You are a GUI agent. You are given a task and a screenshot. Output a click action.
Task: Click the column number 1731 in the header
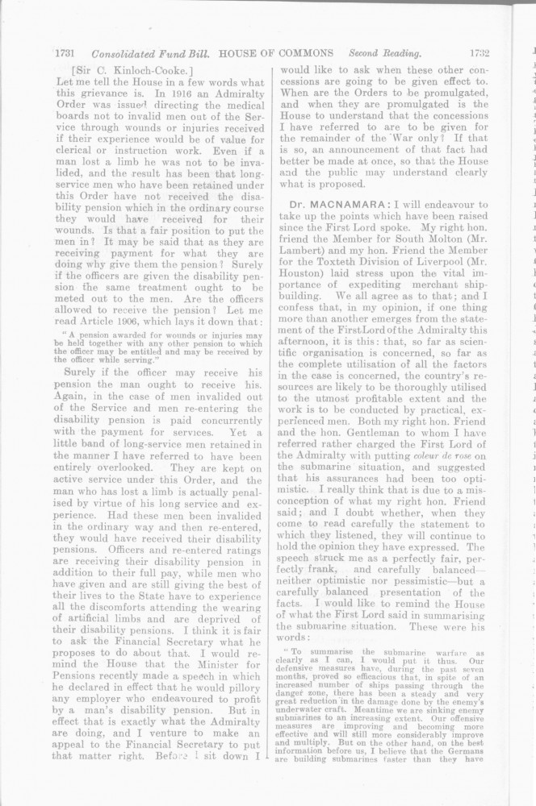[x=65, y=54]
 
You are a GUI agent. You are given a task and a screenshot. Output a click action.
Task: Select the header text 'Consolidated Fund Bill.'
[x=150, y=54]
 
